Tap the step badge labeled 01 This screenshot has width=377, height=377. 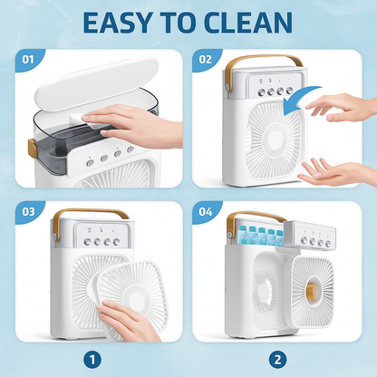pyautogui.click(x=28, y=60)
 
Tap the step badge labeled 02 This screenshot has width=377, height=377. pyautogui.click(x=206, y=60)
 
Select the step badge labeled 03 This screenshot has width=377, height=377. pyautogui.click(x=28, y=212)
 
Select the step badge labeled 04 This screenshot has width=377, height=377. pyautogui.click(x=206, y=212)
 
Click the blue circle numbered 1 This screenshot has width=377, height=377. pyautogui.click(x=92, y=360)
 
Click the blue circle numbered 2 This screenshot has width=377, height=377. pyautogui.click(x=277, y=360)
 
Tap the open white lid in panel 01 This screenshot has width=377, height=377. pyautogui.click(x=97, y=83)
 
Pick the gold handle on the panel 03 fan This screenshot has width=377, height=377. pyautogui.click(x=91, y=211)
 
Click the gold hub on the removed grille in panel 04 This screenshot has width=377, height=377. pyautogui.click(x=313, y=291)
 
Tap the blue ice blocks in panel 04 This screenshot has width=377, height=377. pyautogui.click(x=262, y=236)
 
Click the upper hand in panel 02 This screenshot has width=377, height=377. pyautogui.click(x=341, y=108)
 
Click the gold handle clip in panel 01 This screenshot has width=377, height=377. pyautogui.click(x=33, y=148)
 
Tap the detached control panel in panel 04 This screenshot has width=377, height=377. pyautogui.click(x=310, y=236)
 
